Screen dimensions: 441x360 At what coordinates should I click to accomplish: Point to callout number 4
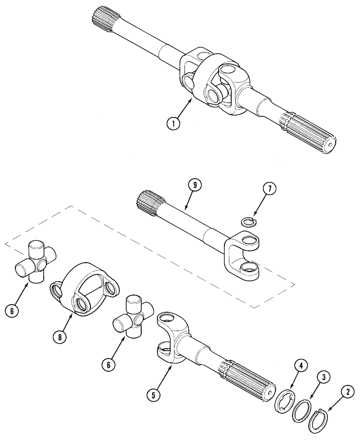coord(300,365)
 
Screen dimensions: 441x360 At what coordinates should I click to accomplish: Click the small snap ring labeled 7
coord(249,220)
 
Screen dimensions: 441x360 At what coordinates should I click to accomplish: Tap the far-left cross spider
coord(35,261)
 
